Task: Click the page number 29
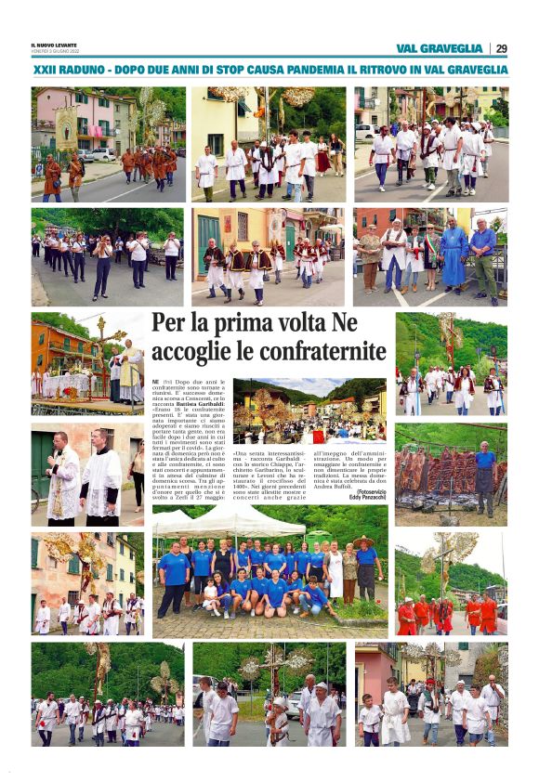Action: (501, 48)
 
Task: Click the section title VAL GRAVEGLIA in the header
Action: (439, 48)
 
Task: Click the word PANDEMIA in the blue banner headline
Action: (321, 70)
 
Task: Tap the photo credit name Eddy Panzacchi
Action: (368, 497)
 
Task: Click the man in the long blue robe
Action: (454, 256)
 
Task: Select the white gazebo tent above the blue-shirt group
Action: (230, 521)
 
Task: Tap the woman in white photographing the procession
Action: (101, 265)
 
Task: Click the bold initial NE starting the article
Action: (155, 382)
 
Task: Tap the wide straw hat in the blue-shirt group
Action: (363, 541)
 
